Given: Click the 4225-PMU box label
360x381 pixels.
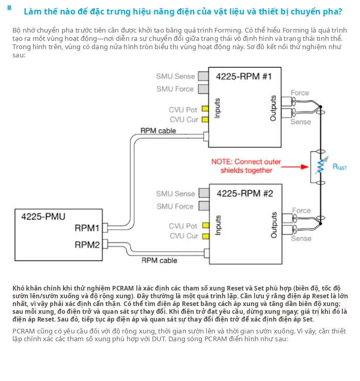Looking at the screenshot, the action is [x=43, y=217].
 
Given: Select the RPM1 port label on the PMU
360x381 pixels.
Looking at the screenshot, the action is [x=87, y=228].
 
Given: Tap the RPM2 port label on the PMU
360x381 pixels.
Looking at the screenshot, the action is [x=87, y=245].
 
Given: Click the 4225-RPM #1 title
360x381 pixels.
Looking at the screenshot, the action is [x=244, y=77].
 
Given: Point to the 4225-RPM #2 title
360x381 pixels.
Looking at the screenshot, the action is [x=245, y=193].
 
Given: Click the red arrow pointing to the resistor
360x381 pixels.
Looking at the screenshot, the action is [x=295, y=167].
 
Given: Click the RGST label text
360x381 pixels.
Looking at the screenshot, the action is [x=340, y=167].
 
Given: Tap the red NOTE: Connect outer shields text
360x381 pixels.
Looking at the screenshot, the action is [x=246, y=166].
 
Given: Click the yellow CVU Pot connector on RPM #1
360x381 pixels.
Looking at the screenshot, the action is [x=206, y=109].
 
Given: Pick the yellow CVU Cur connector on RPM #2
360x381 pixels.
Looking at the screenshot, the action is [x=206, y=236].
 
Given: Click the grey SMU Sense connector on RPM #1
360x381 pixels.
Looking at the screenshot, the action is [x=203, y=76].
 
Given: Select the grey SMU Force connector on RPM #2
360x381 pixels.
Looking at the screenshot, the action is [x=204, y=206].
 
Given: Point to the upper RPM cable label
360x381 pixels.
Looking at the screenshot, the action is [x=158, y=131].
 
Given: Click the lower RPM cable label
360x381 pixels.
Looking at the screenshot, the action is [x=159, y=261].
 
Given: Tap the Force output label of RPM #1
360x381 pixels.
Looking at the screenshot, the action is [x=300, y=93].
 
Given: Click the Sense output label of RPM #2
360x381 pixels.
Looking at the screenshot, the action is [x=301, y=239].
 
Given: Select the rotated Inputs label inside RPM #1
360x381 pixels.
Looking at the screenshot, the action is [x=217, y=109].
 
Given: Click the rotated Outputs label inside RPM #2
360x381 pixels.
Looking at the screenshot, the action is [x=274, y=225].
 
